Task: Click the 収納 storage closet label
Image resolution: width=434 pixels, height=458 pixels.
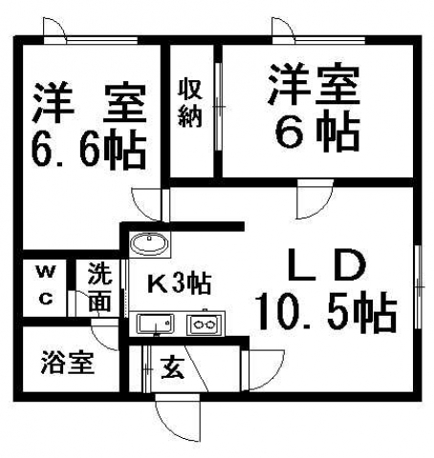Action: (x=190, y=103)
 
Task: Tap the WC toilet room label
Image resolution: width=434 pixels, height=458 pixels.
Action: (x=46, y=285)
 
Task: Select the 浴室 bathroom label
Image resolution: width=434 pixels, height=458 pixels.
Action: (x=68, y=362)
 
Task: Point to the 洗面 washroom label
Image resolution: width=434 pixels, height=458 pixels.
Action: (x=99, y=287)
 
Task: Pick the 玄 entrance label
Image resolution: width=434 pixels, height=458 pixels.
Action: (x=172, y=368)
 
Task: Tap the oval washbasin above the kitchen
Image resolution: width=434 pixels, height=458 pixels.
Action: (x=150, y=244)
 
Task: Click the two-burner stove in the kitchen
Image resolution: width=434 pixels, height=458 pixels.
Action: (x=205, y=324)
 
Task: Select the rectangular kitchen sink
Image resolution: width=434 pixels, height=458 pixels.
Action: (x=156, y=323)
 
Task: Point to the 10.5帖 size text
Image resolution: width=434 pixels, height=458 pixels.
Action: (x=327, y=312)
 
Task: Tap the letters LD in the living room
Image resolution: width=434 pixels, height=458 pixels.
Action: (x=327, y=265)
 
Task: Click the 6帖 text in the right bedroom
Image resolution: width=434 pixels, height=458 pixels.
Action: (x=317, y=131)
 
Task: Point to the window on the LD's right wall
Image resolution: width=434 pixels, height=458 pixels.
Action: (x=419, y=287)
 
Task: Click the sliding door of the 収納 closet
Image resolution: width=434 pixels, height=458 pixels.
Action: (x=219, y=107)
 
